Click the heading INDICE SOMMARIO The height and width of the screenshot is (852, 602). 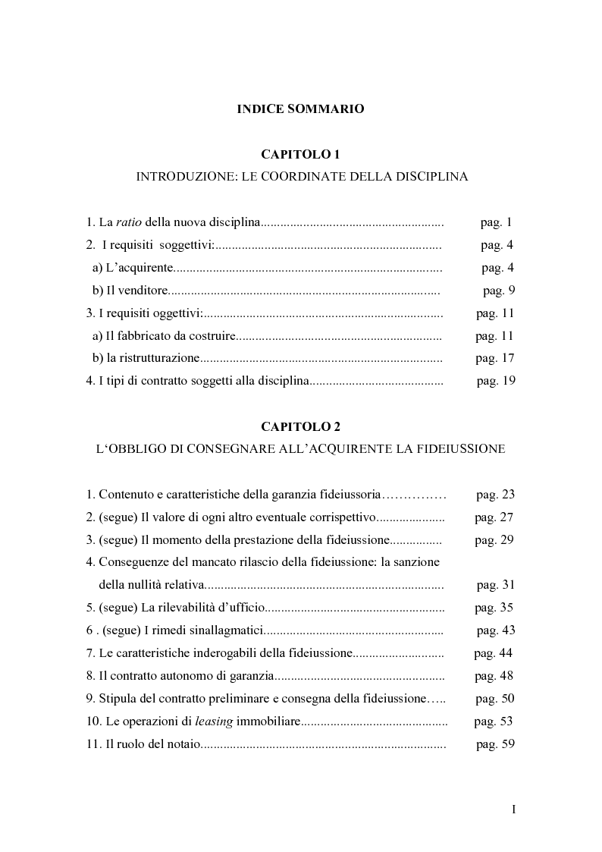click(x=300, y=109)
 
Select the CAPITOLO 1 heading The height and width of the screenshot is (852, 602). click(x=300, y=155)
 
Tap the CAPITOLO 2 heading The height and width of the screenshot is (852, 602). click(x=300, y=426)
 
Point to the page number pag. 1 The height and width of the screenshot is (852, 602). click(x=497, y=222)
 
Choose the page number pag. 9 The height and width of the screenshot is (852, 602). click(x=499, y=291)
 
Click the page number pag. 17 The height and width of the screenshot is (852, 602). click(x=495, y=358)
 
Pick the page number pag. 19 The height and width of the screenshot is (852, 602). click(x=496, y=381)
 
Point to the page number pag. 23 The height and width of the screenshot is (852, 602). click(x=495, y=495)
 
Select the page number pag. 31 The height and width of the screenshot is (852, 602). click(x=496, y=585)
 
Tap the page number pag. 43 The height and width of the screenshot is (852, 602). click(x=496, y=630)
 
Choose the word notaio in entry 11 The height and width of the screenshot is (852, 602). click(x=183, y=744)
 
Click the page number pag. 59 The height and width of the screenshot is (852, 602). click(x=496, y=744)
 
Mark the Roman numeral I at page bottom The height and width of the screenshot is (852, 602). click(x=514, y=810)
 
